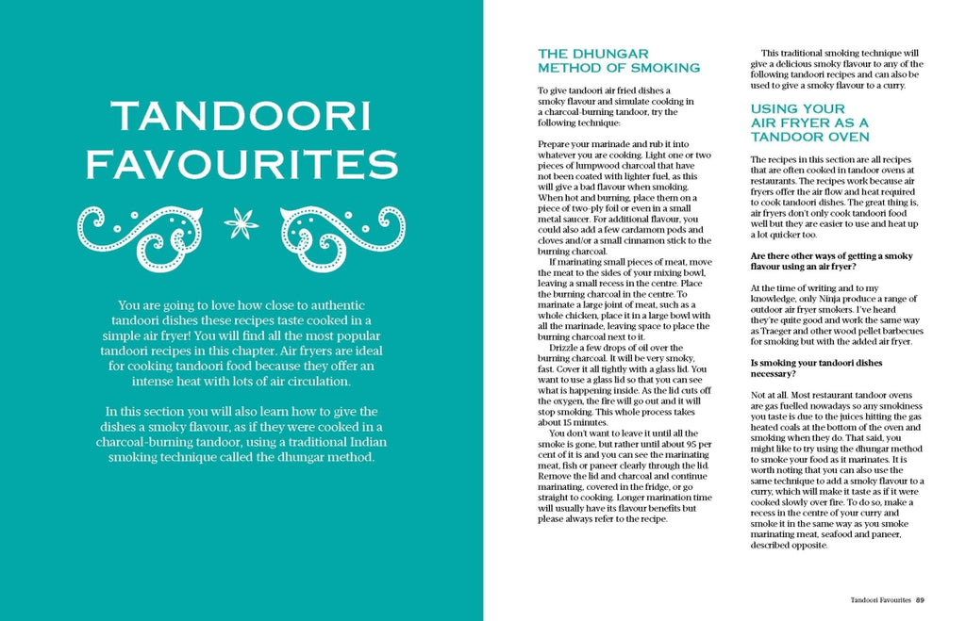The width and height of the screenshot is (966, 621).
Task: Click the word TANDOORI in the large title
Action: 241,116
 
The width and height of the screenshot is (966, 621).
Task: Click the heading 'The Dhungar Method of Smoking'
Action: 619,60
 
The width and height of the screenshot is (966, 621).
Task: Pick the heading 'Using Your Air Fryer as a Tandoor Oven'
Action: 809,123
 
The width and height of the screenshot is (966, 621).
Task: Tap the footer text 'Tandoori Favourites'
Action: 880,599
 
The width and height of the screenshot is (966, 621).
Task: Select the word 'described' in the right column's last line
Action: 774,544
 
